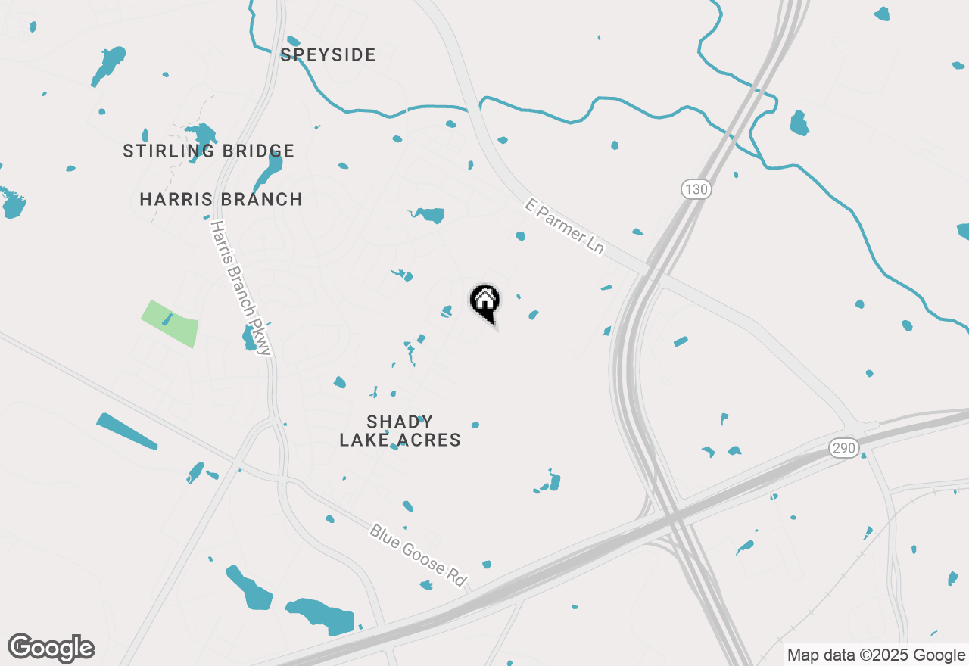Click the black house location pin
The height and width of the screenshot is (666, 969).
(x=484, y=302)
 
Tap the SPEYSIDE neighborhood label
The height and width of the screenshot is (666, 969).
(x=328, y=54)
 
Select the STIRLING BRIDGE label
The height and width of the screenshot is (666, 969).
(x=208, y=151)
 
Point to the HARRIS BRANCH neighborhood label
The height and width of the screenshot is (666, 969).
(x=221, y=199)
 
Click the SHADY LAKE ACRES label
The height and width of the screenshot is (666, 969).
(x=400, y=431)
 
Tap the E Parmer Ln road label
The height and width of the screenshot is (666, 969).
(x=565, y=226)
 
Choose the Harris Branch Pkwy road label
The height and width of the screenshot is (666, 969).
(x=241, y=288)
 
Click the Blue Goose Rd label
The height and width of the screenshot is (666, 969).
(x=417, y=554)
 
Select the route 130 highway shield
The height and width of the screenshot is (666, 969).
(x=696, y=188)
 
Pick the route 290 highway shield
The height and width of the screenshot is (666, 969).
(x=843, y=448)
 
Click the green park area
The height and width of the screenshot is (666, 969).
(x=170, y=323)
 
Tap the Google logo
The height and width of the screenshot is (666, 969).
(x=51, y=648)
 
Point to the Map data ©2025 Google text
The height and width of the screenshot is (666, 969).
(x=876, y=655)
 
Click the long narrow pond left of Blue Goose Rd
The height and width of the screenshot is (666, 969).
(x=126, y=431)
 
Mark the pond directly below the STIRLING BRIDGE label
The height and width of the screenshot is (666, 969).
(x=269, y=171)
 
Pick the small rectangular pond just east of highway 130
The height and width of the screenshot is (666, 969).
(x=681, y=341)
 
